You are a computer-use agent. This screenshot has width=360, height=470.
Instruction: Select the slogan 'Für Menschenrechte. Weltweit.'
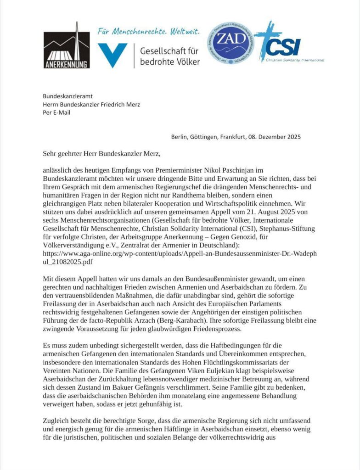pos(149,32)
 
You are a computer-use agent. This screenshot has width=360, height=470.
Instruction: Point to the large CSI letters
pos(285,46)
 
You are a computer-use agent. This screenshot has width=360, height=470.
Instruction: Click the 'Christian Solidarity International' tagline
pos(296,60)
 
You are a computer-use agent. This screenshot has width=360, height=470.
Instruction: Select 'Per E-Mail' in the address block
pos(56,113)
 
